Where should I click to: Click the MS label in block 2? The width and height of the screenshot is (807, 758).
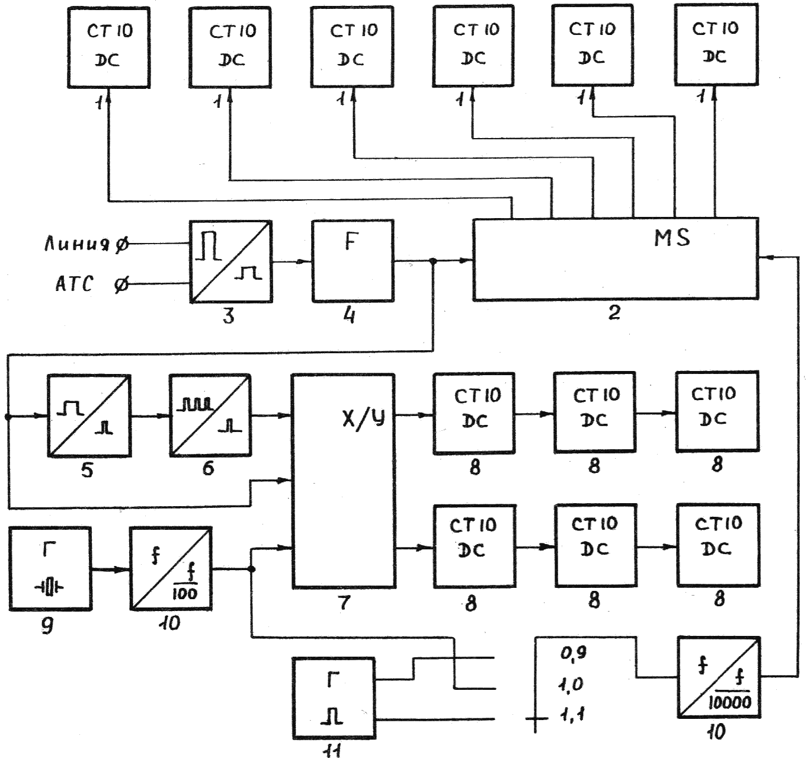pos(672,238)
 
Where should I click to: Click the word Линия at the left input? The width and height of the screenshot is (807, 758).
pos(77,244)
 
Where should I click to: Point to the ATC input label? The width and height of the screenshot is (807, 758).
pos(75,283)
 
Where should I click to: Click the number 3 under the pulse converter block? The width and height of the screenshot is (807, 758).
pos(229,315)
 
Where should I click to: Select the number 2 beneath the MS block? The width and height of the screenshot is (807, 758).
pos(614,312)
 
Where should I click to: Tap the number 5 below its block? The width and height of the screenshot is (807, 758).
pos(87,470)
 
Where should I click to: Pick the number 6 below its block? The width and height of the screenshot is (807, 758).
pos(208,468)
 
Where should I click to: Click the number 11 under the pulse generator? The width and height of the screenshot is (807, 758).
pos(332,749)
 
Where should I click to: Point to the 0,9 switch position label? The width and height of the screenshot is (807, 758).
pos(574,653)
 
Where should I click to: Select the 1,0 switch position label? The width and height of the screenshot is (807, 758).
pos(571,685)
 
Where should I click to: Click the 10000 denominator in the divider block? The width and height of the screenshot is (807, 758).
pos(730,702)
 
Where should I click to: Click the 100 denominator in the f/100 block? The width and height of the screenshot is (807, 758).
pos(185,594)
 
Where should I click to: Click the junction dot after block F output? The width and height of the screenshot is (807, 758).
pos(433,261)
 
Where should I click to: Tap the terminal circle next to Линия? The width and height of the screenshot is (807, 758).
pos(121,245)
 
